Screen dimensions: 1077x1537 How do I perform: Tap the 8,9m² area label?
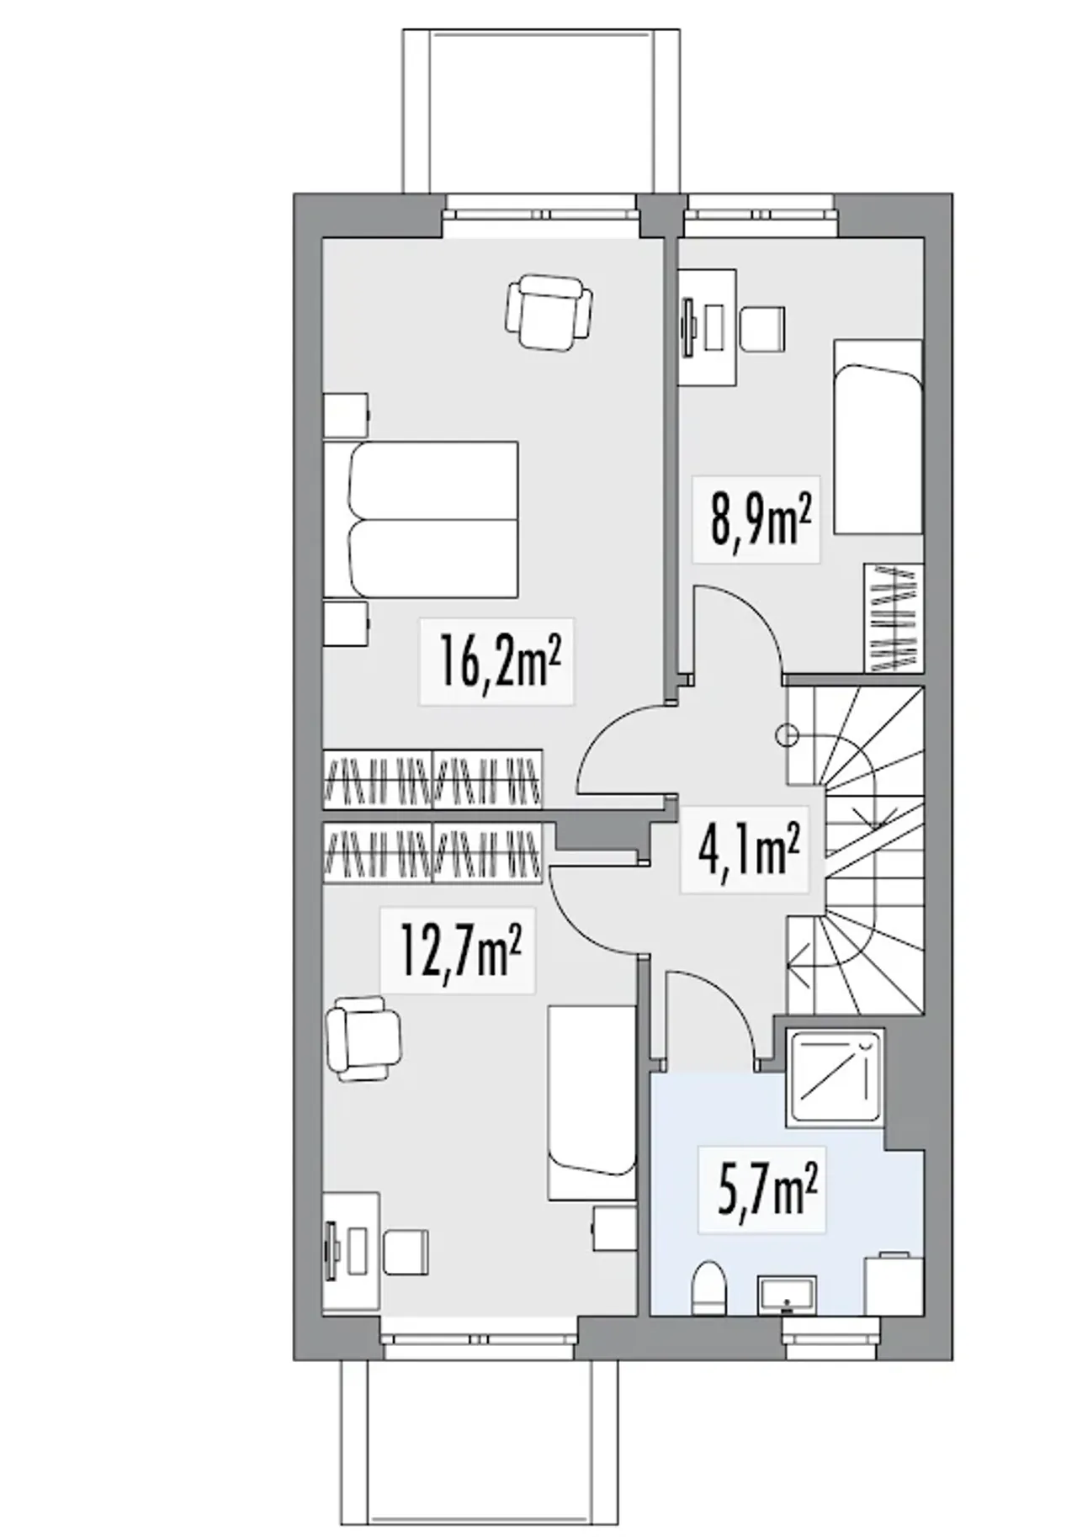pos(761,518)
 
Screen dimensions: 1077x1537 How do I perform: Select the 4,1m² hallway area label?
pos(747,851)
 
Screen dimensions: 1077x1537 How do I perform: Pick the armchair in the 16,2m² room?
pos(548,310)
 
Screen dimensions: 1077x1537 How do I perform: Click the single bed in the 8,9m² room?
pos(878,437)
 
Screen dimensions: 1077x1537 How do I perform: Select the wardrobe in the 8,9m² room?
pos(894,617)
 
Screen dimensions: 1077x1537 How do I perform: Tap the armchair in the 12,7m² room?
pos(364,1038)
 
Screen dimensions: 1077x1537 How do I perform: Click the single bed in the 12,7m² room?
pos(592,1102)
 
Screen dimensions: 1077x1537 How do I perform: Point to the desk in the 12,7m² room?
pos(352,1253)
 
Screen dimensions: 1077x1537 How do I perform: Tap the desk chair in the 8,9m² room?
pos(762,329)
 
